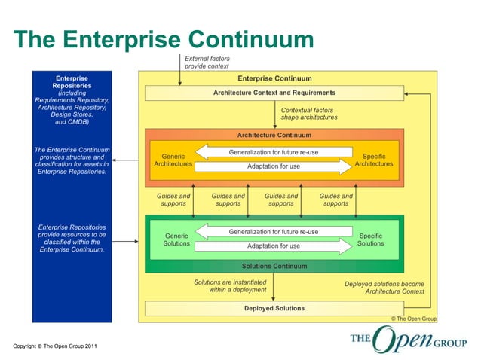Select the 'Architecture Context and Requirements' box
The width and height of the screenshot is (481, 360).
(274, 93)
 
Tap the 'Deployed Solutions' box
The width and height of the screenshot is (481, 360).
(274, 308)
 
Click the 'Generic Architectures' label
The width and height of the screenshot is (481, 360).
(173, 160)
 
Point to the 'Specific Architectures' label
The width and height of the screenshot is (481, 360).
(373, 160)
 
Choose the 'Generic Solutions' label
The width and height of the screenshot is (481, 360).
(176, 239)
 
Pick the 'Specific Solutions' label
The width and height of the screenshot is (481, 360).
(370, 239)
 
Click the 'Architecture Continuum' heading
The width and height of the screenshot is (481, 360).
(274, 136)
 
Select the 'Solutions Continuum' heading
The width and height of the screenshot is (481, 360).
(274, 266)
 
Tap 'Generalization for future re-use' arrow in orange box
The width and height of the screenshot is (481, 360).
(273, 152)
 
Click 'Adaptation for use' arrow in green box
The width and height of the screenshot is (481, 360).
(273, 246)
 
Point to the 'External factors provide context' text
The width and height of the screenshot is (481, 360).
(207, 62)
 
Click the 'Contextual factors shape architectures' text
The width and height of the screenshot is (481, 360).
(309, 114)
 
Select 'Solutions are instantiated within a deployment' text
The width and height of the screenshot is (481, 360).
(230, 285)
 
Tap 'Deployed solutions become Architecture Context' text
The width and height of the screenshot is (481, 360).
(384, 288)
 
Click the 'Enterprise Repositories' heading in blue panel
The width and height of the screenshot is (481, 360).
(72, 82)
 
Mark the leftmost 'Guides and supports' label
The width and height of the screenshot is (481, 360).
(173, 200)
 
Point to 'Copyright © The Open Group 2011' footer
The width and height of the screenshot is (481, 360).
(55, 346)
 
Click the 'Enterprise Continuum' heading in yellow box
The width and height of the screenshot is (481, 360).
(274, 78)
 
